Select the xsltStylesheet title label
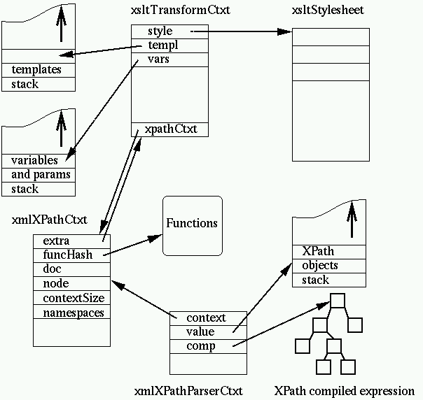point(328,11)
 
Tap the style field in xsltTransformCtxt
point(160,31)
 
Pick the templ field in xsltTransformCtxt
point(160,45)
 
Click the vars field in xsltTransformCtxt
point(158,59)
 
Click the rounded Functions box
point(192,224)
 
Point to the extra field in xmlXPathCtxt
point(57,241)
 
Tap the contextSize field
point(73,299)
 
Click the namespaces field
point(73,313)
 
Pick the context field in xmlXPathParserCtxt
point(206,318)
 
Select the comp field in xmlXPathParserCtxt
point(201,346)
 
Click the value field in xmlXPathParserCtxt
point(200,332)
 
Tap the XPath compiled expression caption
point(345,391)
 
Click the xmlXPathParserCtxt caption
point(188,391)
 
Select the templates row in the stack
point(36,70)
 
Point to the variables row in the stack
point(35,161)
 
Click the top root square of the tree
point(338,301)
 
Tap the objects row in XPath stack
point(320,266)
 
